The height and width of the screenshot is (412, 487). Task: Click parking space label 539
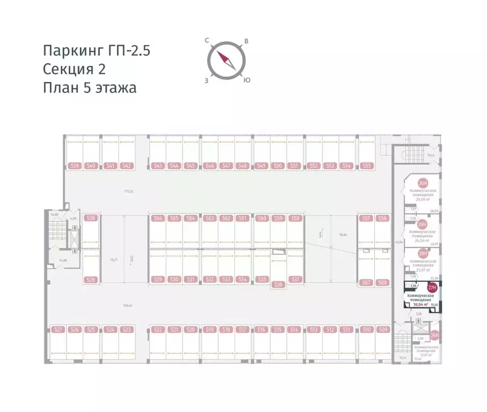[x=75, y=166]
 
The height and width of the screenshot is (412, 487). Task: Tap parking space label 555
[x=367, y=166]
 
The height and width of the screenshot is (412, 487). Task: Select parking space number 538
[x=91, y=218]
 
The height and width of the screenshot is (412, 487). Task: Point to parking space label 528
[x=91, y=280]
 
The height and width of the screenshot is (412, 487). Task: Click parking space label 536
[x=278, y=284]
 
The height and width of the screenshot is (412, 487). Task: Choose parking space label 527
[x=59, y=329]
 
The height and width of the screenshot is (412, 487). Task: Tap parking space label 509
[x=382, y=329]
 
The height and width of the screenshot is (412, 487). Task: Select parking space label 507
[x=367, y=283]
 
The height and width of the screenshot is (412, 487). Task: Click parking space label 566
[x=157, y=218]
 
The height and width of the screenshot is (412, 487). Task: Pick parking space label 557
[x=367, y=218]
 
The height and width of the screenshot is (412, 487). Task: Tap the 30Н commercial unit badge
[x=423, y=184]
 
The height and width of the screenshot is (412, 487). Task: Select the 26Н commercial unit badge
[x=435, y=336]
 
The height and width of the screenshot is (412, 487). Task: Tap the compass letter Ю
[x=246, y=80]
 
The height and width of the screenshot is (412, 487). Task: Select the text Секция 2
[x=74, y=69]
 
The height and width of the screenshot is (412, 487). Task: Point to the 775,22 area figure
[x=128, y=191]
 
